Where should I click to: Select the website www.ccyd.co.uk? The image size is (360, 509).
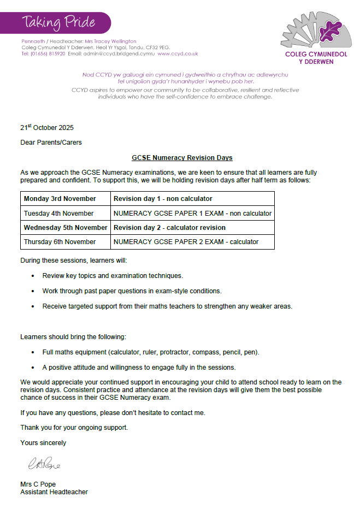(x=178, y=54)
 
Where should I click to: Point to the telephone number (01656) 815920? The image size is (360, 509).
(x=48, y=54)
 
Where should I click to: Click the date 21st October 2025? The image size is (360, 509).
(x=47, y=128)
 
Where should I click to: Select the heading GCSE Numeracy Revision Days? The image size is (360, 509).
(x=182, y=158)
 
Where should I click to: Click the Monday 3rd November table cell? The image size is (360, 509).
(x=60, y=199)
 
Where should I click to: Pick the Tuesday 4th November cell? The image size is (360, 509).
(x=59, y=214)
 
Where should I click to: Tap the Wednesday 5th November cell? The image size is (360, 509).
(x=66, y=228)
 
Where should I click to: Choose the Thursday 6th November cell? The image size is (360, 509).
(x=60, y=242)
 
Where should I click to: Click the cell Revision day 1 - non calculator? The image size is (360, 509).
(x=163, y=199)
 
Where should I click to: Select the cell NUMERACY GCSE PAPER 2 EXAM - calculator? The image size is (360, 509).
(x=186, y=242)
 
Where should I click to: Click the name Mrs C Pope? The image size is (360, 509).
(x=38, y=484)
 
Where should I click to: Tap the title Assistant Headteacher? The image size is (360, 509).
(x=54, y=492)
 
